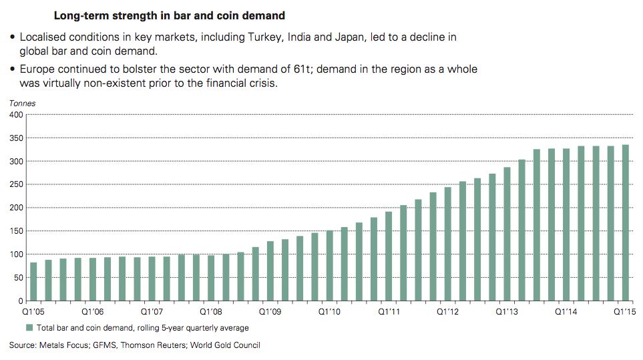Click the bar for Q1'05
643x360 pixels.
coord(33,281)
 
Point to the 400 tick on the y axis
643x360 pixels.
coord(15,115)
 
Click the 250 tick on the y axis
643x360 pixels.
coord(15,185)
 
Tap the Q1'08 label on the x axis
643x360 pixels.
coord(211,311)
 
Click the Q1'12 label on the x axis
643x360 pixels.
coord(447,311)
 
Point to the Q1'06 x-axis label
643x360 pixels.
coord(93,311)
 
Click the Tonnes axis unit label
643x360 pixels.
coord(22,104)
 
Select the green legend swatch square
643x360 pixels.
coord(29,327)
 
